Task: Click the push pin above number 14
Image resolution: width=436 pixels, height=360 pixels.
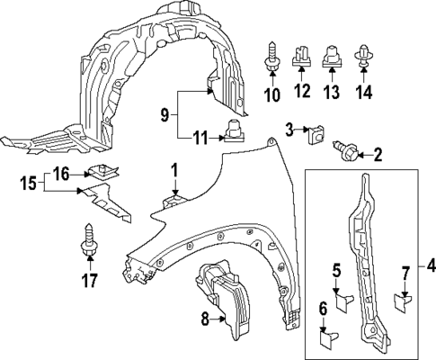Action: pyautogui.click(x=364, y=55)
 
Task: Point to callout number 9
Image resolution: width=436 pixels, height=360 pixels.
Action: pyautogui.click(x=165, y=113)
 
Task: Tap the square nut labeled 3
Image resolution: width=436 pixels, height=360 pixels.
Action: pyautogui.click(x=316, y=137)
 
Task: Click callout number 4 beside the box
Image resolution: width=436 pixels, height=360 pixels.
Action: pyautogui.click(x=430, y=266)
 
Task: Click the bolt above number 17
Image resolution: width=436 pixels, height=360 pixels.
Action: pyautogui.click(x=89, y=236)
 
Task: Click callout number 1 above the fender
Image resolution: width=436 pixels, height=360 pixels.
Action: pyautogui.click(x=175, y=168)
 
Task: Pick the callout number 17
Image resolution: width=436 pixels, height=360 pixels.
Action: pyautogui.click(x=88, y=280)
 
